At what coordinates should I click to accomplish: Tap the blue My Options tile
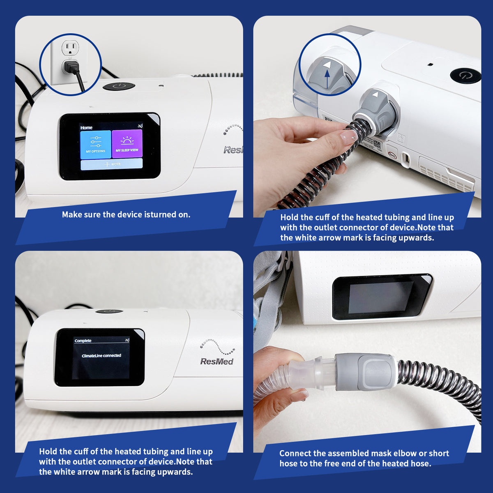[x=95, y=144]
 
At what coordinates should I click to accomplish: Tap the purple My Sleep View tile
[x=127, y=144]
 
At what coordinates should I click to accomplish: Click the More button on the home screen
[x=112, y=164]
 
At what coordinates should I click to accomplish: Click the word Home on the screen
[x=86, y=127]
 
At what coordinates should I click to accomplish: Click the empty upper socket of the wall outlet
[x=70, y=48]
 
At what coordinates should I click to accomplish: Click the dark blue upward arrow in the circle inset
[x=327, y=80]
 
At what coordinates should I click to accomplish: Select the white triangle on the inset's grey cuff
[x=327, y=65]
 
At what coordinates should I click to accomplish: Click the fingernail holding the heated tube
[x=348, y=135]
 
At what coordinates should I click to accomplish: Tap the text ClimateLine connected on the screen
[x=101, y=355]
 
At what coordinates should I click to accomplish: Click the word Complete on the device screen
[x=83, y=341]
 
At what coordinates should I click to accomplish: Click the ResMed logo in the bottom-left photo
[x=217, y=361]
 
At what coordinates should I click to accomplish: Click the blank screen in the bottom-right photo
[x=380, y=297]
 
